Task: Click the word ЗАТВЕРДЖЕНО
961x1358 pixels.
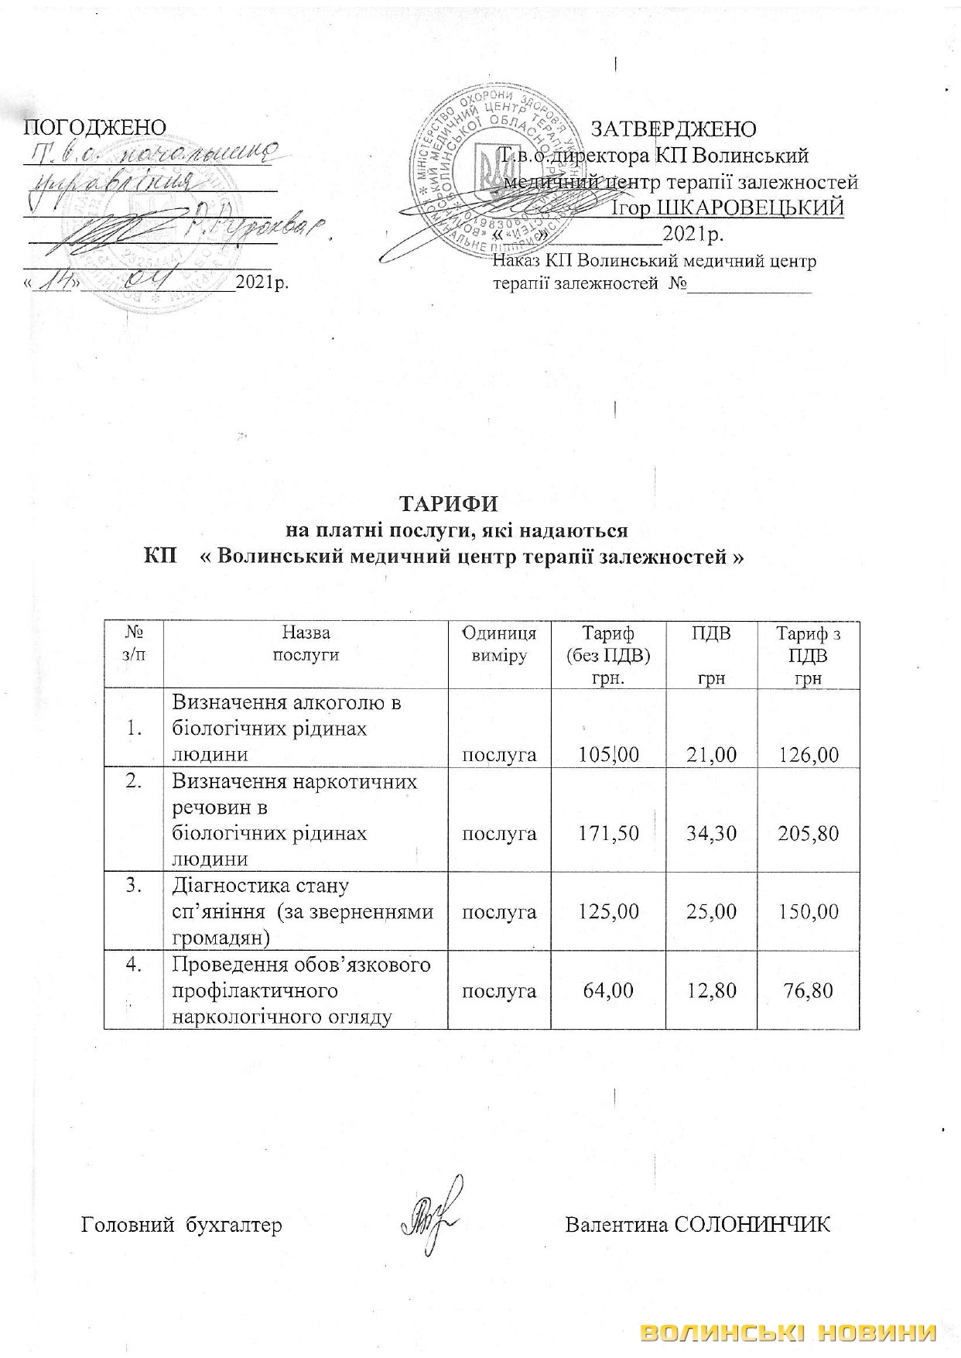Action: (673, 129)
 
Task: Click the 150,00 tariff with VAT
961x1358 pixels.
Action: (808, 911)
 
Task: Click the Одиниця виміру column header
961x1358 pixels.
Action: (499, 644)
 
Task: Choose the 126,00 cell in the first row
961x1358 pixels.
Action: (808, 754)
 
